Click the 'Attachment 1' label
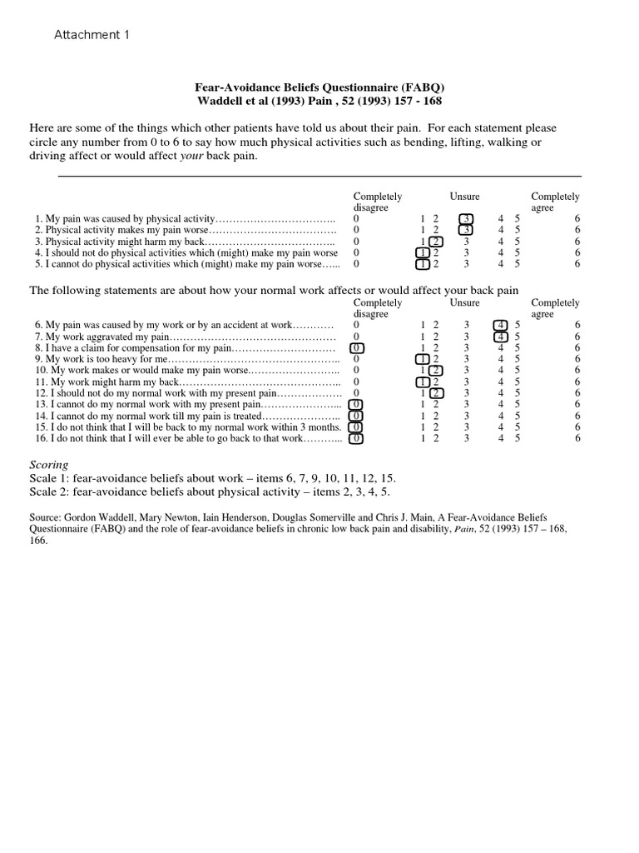[x=92, y=35]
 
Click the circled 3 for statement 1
[x=466, y=218]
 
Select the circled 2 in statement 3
[x=436, y=242]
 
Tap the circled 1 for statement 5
[x=423, y=264]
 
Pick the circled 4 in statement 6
[x=500, y=325]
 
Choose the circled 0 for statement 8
[x=356, y=347]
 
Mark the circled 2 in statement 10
[x=436, y=370]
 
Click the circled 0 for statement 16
[x=356, y=437]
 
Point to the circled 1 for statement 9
[x=423, y=359]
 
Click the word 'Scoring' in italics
[x=49, y=464]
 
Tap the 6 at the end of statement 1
[x=577, y=218]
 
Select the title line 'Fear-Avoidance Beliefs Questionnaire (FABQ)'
[x=319, y=87]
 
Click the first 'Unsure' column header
[x=465, y=197]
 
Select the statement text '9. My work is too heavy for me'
[x=101, y=359]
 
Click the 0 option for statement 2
[x=356, y=230]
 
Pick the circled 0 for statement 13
[x=356, y=404]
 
